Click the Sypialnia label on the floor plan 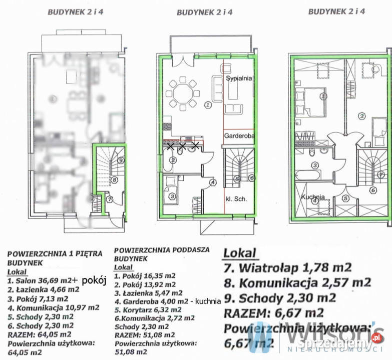(238, 78)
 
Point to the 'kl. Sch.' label (237, 198)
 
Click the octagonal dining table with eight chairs (183, 94)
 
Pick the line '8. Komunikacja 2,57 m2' (297, 282)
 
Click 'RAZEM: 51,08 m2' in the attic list (144, 334)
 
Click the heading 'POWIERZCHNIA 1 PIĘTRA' (55, 253)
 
